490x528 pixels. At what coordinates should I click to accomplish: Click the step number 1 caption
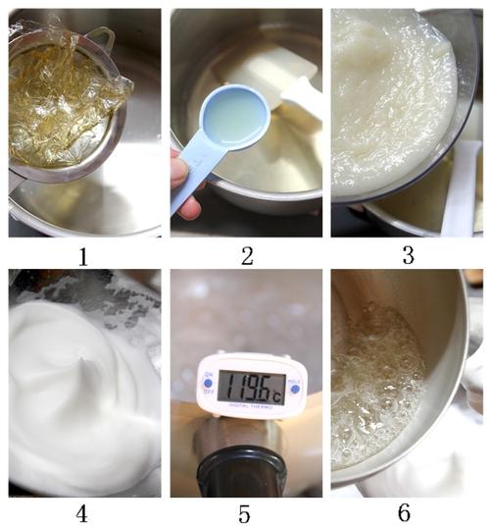point(83,258)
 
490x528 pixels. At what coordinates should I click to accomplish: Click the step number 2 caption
point(246,258)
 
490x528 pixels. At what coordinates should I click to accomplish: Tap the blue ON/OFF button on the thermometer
point(207,382)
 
